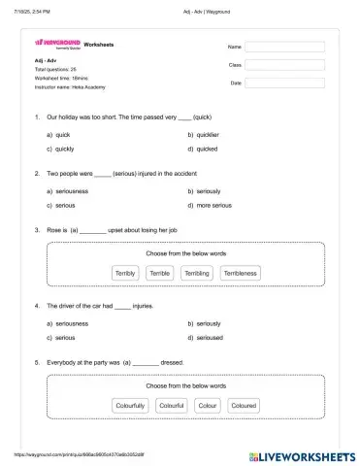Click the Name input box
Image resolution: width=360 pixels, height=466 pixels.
(285, 46)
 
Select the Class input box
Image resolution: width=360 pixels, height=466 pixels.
(285, 64)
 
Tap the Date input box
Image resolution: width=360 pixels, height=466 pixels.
(285, 83)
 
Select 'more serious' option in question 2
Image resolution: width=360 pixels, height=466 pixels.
(213, 206)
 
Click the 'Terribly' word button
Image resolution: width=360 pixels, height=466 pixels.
(126, 274)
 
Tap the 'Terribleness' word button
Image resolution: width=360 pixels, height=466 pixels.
(240, 274)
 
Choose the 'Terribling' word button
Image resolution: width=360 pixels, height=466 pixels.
(196, 274)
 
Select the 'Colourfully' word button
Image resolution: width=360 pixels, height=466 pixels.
(130, 405)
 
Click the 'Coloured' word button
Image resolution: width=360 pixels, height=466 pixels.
(244, 405)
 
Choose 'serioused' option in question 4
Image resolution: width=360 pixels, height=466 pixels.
(210, 337)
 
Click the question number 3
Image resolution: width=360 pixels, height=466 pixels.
(36, 230)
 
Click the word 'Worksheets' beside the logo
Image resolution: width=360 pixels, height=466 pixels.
(99, 45)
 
